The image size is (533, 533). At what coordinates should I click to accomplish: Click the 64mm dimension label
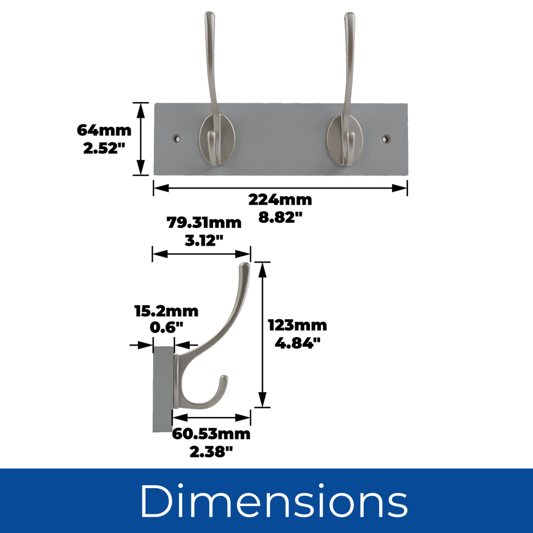point(104,131)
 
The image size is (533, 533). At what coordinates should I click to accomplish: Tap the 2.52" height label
point(104,150)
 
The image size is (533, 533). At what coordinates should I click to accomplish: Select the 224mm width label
point(280,199)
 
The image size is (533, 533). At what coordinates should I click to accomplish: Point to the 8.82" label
point(280,218)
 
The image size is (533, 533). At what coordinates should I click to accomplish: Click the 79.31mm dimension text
point(204,223)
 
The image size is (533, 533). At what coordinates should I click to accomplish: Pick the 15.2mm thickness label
point(166,311)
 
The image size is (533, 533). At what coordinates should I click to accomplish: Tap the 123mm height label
point(297,325)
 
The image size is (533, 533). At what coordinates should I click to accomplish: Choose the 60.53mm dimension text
point(211,434)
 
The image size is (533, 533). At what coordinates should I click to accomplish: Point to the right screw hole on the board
point(385,137)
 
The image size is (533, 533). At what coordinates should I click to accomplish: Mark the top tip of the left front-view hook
point(210,16)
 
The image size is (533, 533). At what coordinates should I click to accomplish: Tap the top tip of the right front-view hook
point(350,16)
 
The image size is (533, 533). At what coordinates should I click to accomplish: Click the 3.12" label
point(204,241)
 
